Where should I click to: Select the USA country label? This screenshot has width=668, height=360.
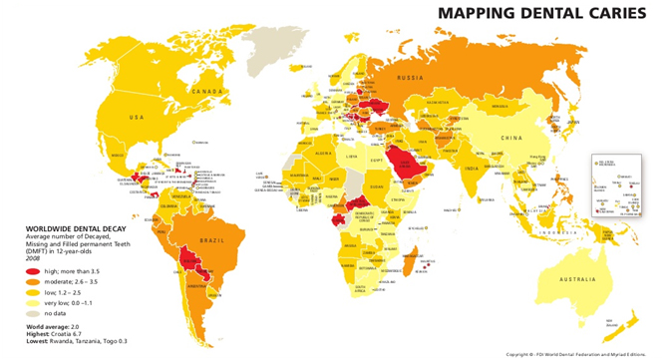(136, 118)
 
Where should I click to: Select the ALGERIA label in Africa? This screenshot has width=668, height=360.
(324, 154)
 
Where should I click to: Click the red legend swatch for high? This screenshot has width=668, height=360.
(33, 271)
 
